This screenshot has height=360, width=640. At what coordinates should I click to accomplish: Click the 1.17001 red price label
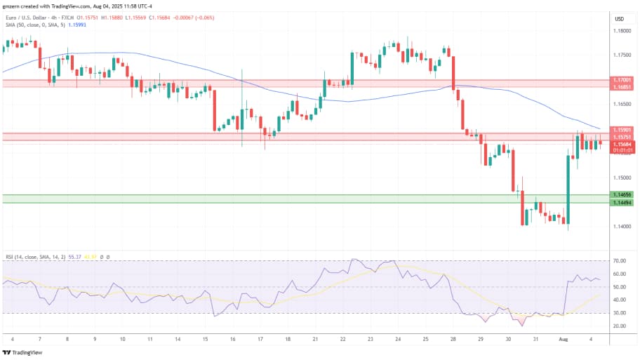click(x=621, y=81)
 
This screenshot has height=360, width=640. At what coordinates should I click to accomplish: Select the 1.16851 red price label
click(x=621, y=88)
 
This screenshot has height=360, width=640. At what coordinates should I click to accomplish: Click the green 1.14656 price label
click(x=621, y=194)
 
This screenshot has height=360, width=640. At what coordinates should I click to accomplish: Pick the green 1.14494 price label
click(x=621, y=203)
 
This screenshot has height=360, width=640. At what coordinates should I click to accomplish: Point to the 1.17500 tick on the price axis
click(x=621, y=54)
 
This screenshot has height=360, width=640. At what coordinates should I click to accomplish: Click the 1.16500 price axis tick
click(x=621, y=104)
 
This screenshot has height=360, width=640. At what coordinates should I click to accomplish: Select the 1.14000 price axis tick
click(x=621, y=227)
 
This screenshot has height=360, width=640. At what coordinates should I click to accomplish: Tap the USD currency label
click(x=620, y=19)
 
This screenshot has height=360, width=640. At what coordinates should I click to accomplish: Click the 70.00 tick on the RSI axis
click(x=620, y=260)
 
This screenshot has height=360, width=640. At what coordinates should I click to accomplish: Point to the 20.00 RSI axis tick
click(x=620, y=326)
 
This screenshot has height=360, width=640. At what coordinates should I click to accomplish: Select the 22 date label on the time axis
click(x=342, y=339)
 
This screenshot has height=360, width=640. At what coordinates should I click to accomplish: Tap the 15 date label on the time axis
click(x=205, y=339)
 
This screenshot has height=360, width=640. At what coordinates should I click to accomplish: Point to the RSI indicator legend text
click(x=35, y=258)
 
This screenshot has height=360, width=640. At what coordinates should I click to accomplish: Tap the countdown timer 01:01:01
click(x=621, y=149)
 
